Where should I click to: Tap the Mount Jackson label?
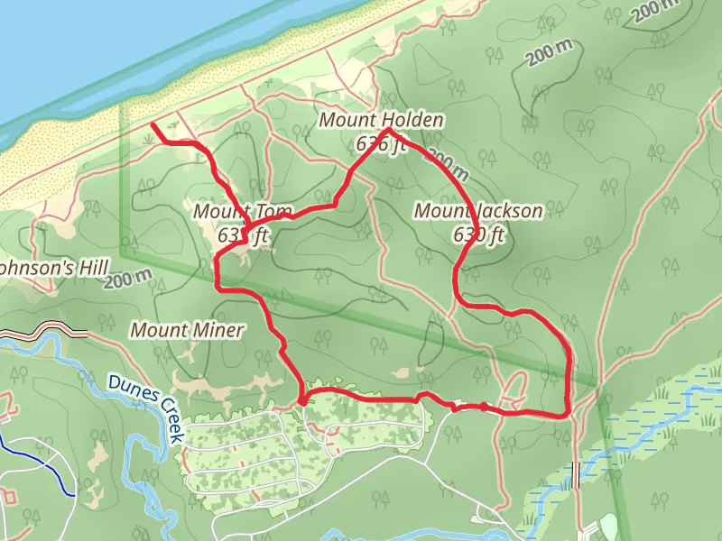pyautogui.click(x=478, y=211)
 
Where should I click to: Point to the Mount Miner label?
pyautogui.click(x=187, y=330)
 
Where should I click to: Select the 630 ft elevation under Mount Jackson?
pyautogui.click(x=478, y=235)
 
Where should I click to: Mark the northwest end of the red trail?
pyautogui.click(x=152, y=124)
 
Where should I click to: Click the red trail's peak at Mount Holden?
pyautogui.click(x=389, y=131)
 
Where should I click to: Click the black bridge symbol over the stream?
pyautogui.click(x=576, y=474)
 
